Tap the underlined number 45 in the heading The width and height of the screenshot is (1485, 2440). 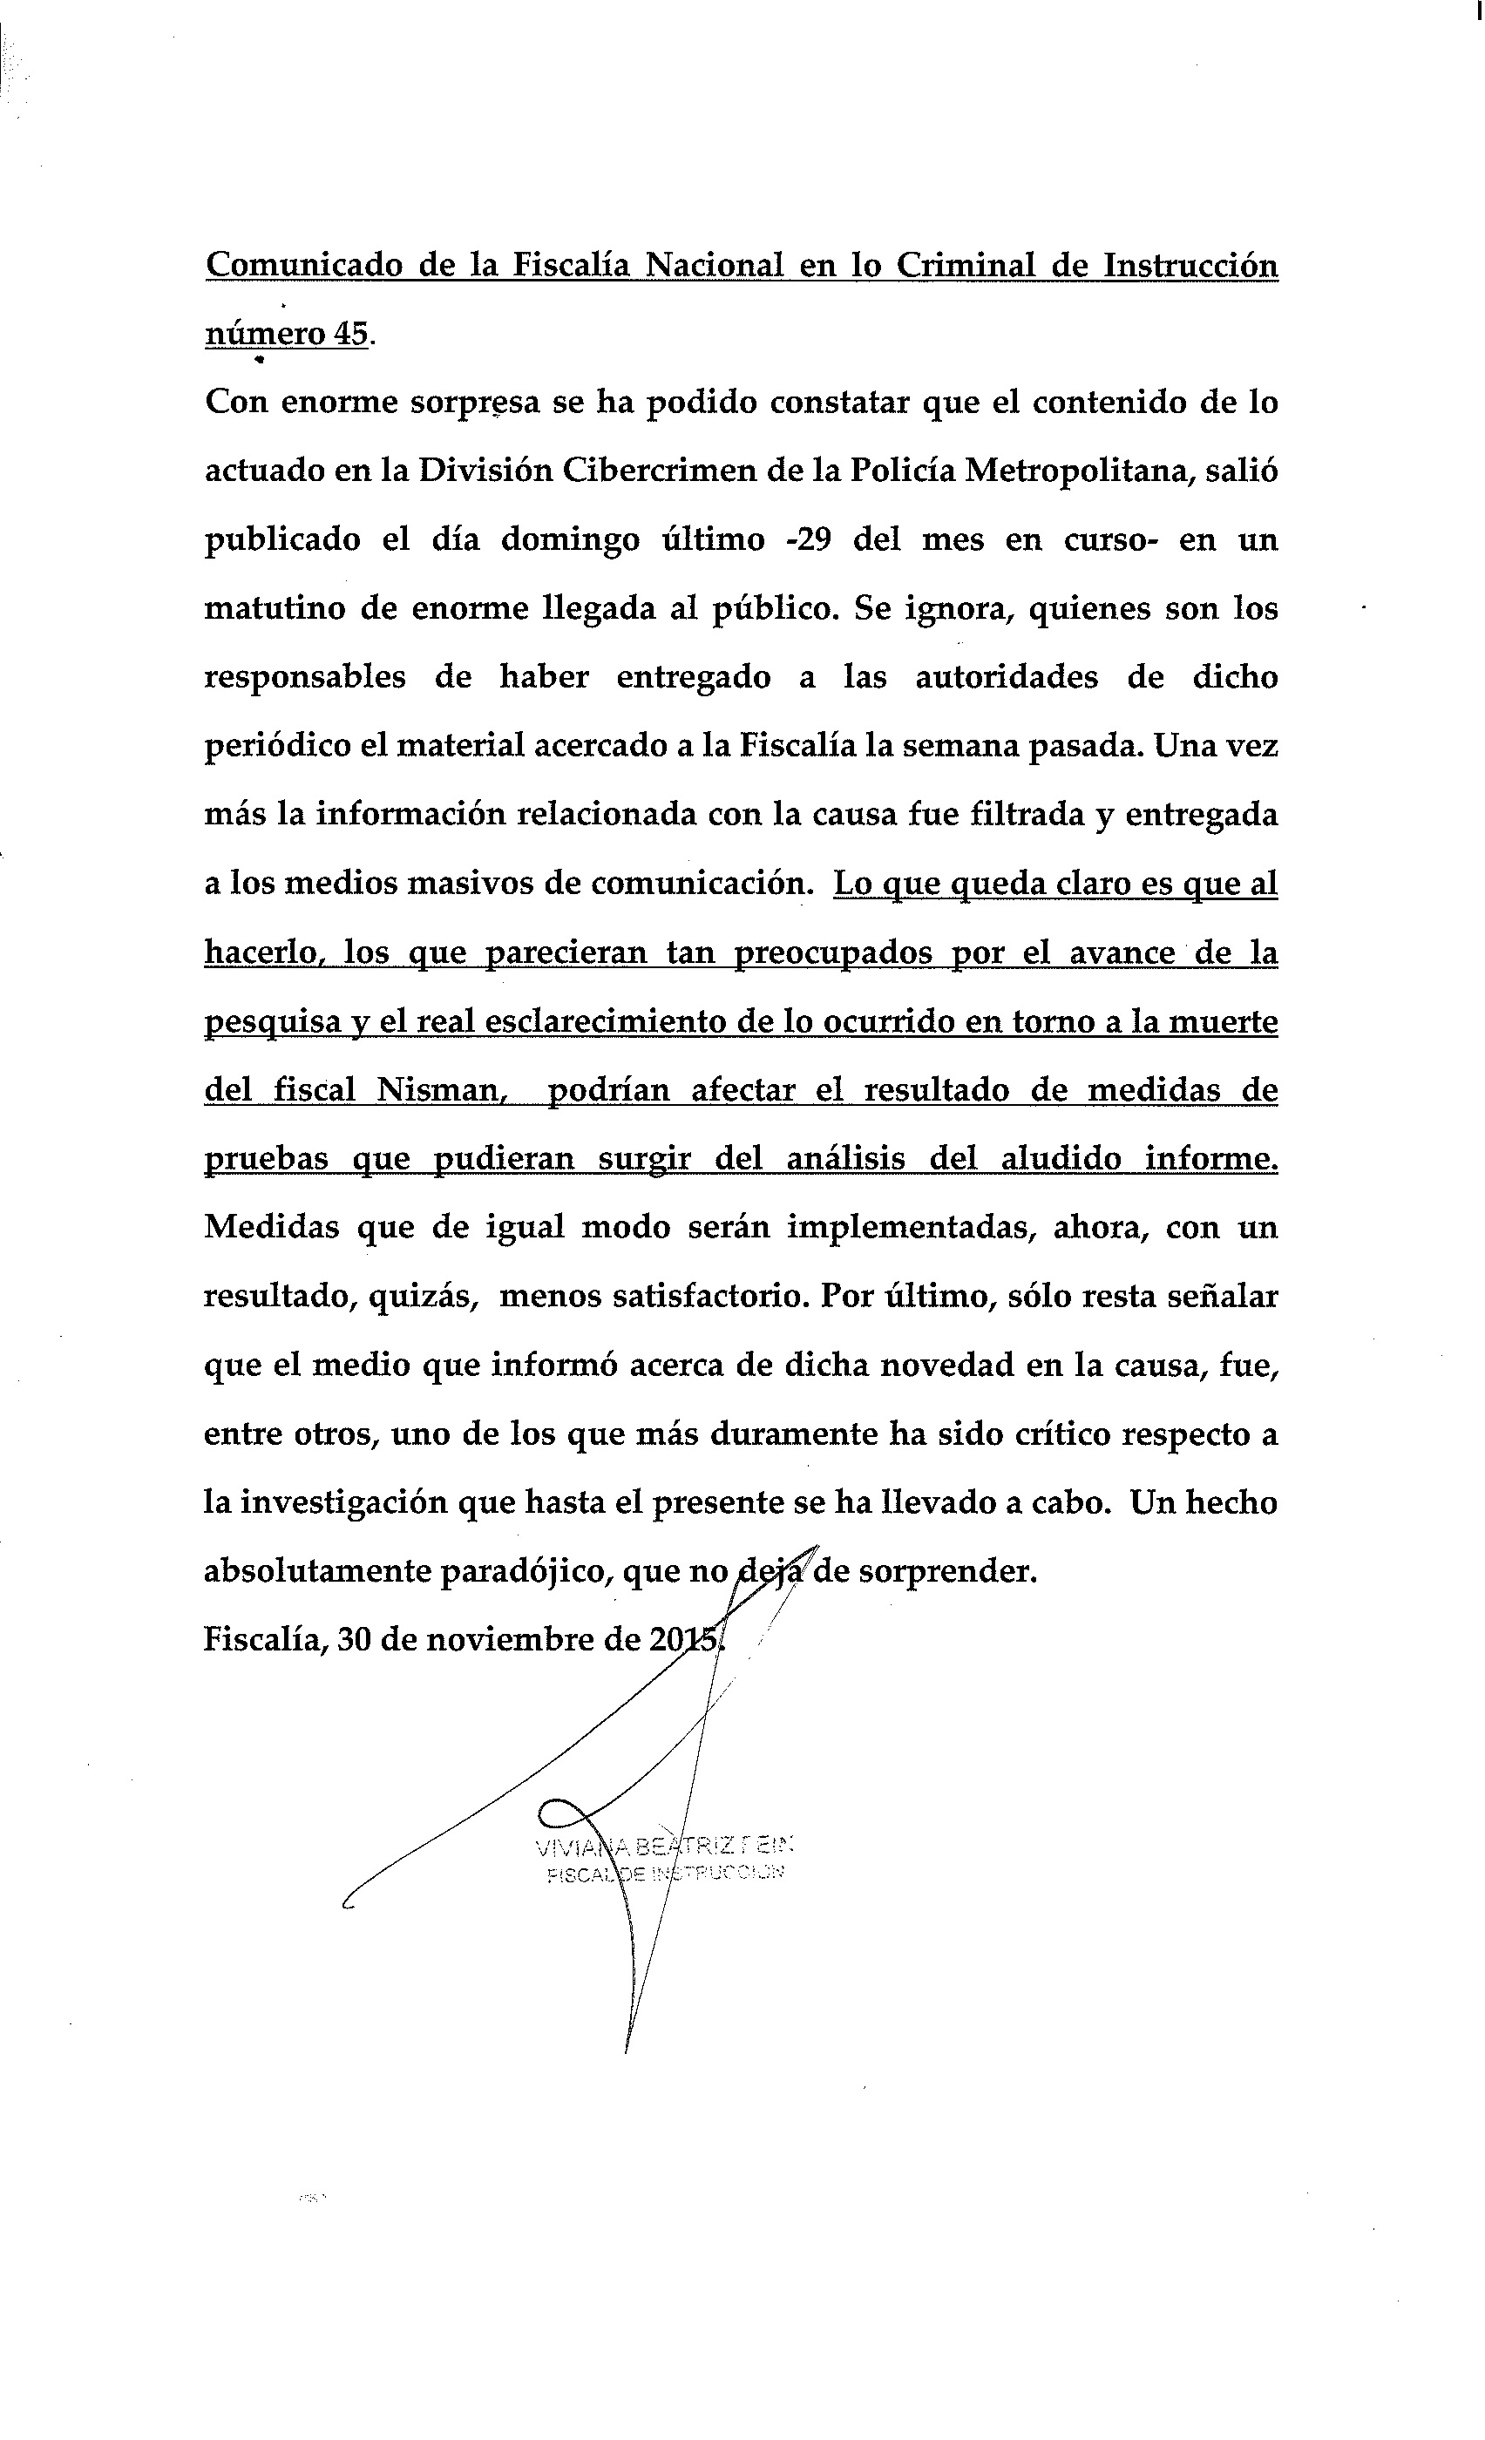[x=351, y=335]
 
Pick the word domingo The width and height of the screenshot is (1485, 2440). [x=569, y=539]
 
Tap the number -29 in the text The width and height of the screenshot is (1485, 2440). [x=806, y=539]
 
